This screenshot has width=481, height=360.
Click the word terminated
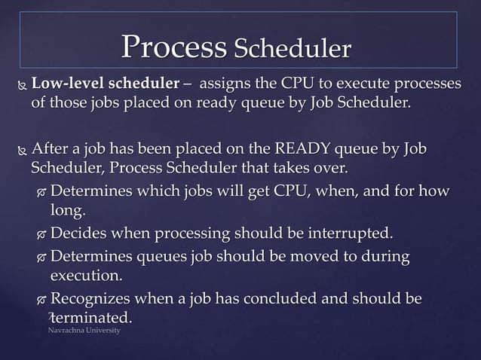pos(95,319)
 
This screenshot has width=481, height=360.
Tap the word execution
pos(85,276)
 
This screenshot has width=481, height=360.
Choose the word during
pos(385,257)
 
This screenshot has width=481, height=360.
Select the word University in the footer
pos(104,331)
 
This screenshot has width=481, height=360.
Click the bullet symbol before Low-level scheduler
pos(20,83)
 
